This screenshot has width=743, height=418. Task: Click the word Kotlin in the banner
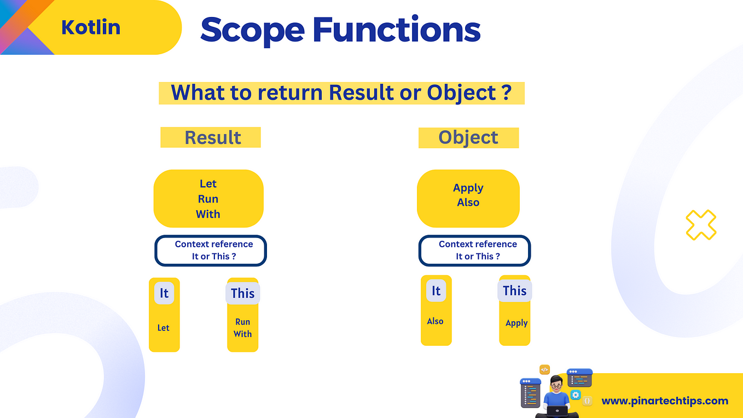(91, 27)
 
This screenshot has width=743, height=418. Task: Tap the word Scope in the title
(252, 31)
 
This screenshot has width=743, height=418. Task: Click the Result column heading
(213, 137)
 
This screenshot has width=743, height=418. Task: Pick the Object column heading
(468, 138)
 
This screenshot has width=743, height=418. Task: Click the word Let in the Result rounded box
(208, 183)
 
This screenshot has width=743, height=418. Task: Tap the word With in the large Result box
(208, 214)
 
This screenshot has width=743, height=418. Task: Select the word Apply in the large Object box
(468, 188)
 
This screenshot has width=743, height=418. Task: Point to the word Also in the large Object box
(468, 202)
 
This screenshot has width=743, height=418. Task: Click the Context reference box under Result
(211, 251)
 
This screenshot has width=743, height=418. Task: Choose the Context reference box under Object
(475, 251)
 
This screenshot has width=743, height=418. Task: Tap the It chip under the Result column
(164, 293)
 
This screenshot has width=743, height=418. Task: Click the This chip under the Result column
(243, 293)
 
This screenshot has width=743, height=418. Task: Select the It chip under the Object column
(436, 291)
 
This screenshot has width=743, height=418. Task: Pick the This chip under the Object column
(515, 291)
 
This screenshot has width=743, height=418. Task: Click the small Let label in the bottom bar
(163, 328)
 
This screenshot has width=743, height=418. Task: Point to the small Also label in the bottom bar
(435, 321)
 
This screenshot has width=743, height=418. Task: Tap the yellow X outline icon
(701, 225)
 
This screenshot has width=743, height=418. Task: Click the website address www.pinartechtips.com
(665, 401)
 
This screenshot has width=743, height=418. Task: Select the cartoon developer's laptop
(557, 411)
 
